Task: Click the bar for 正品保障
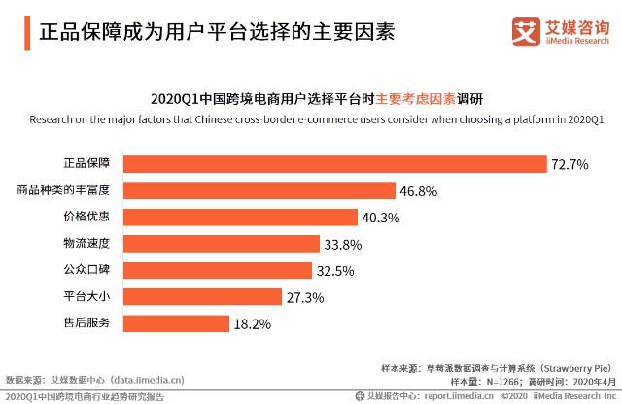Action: (335, 164)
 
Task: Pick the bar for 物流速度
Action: (226, 244)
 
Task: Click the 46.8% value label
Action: (420, 191)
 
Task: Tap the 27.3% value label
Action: (304, 297)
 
